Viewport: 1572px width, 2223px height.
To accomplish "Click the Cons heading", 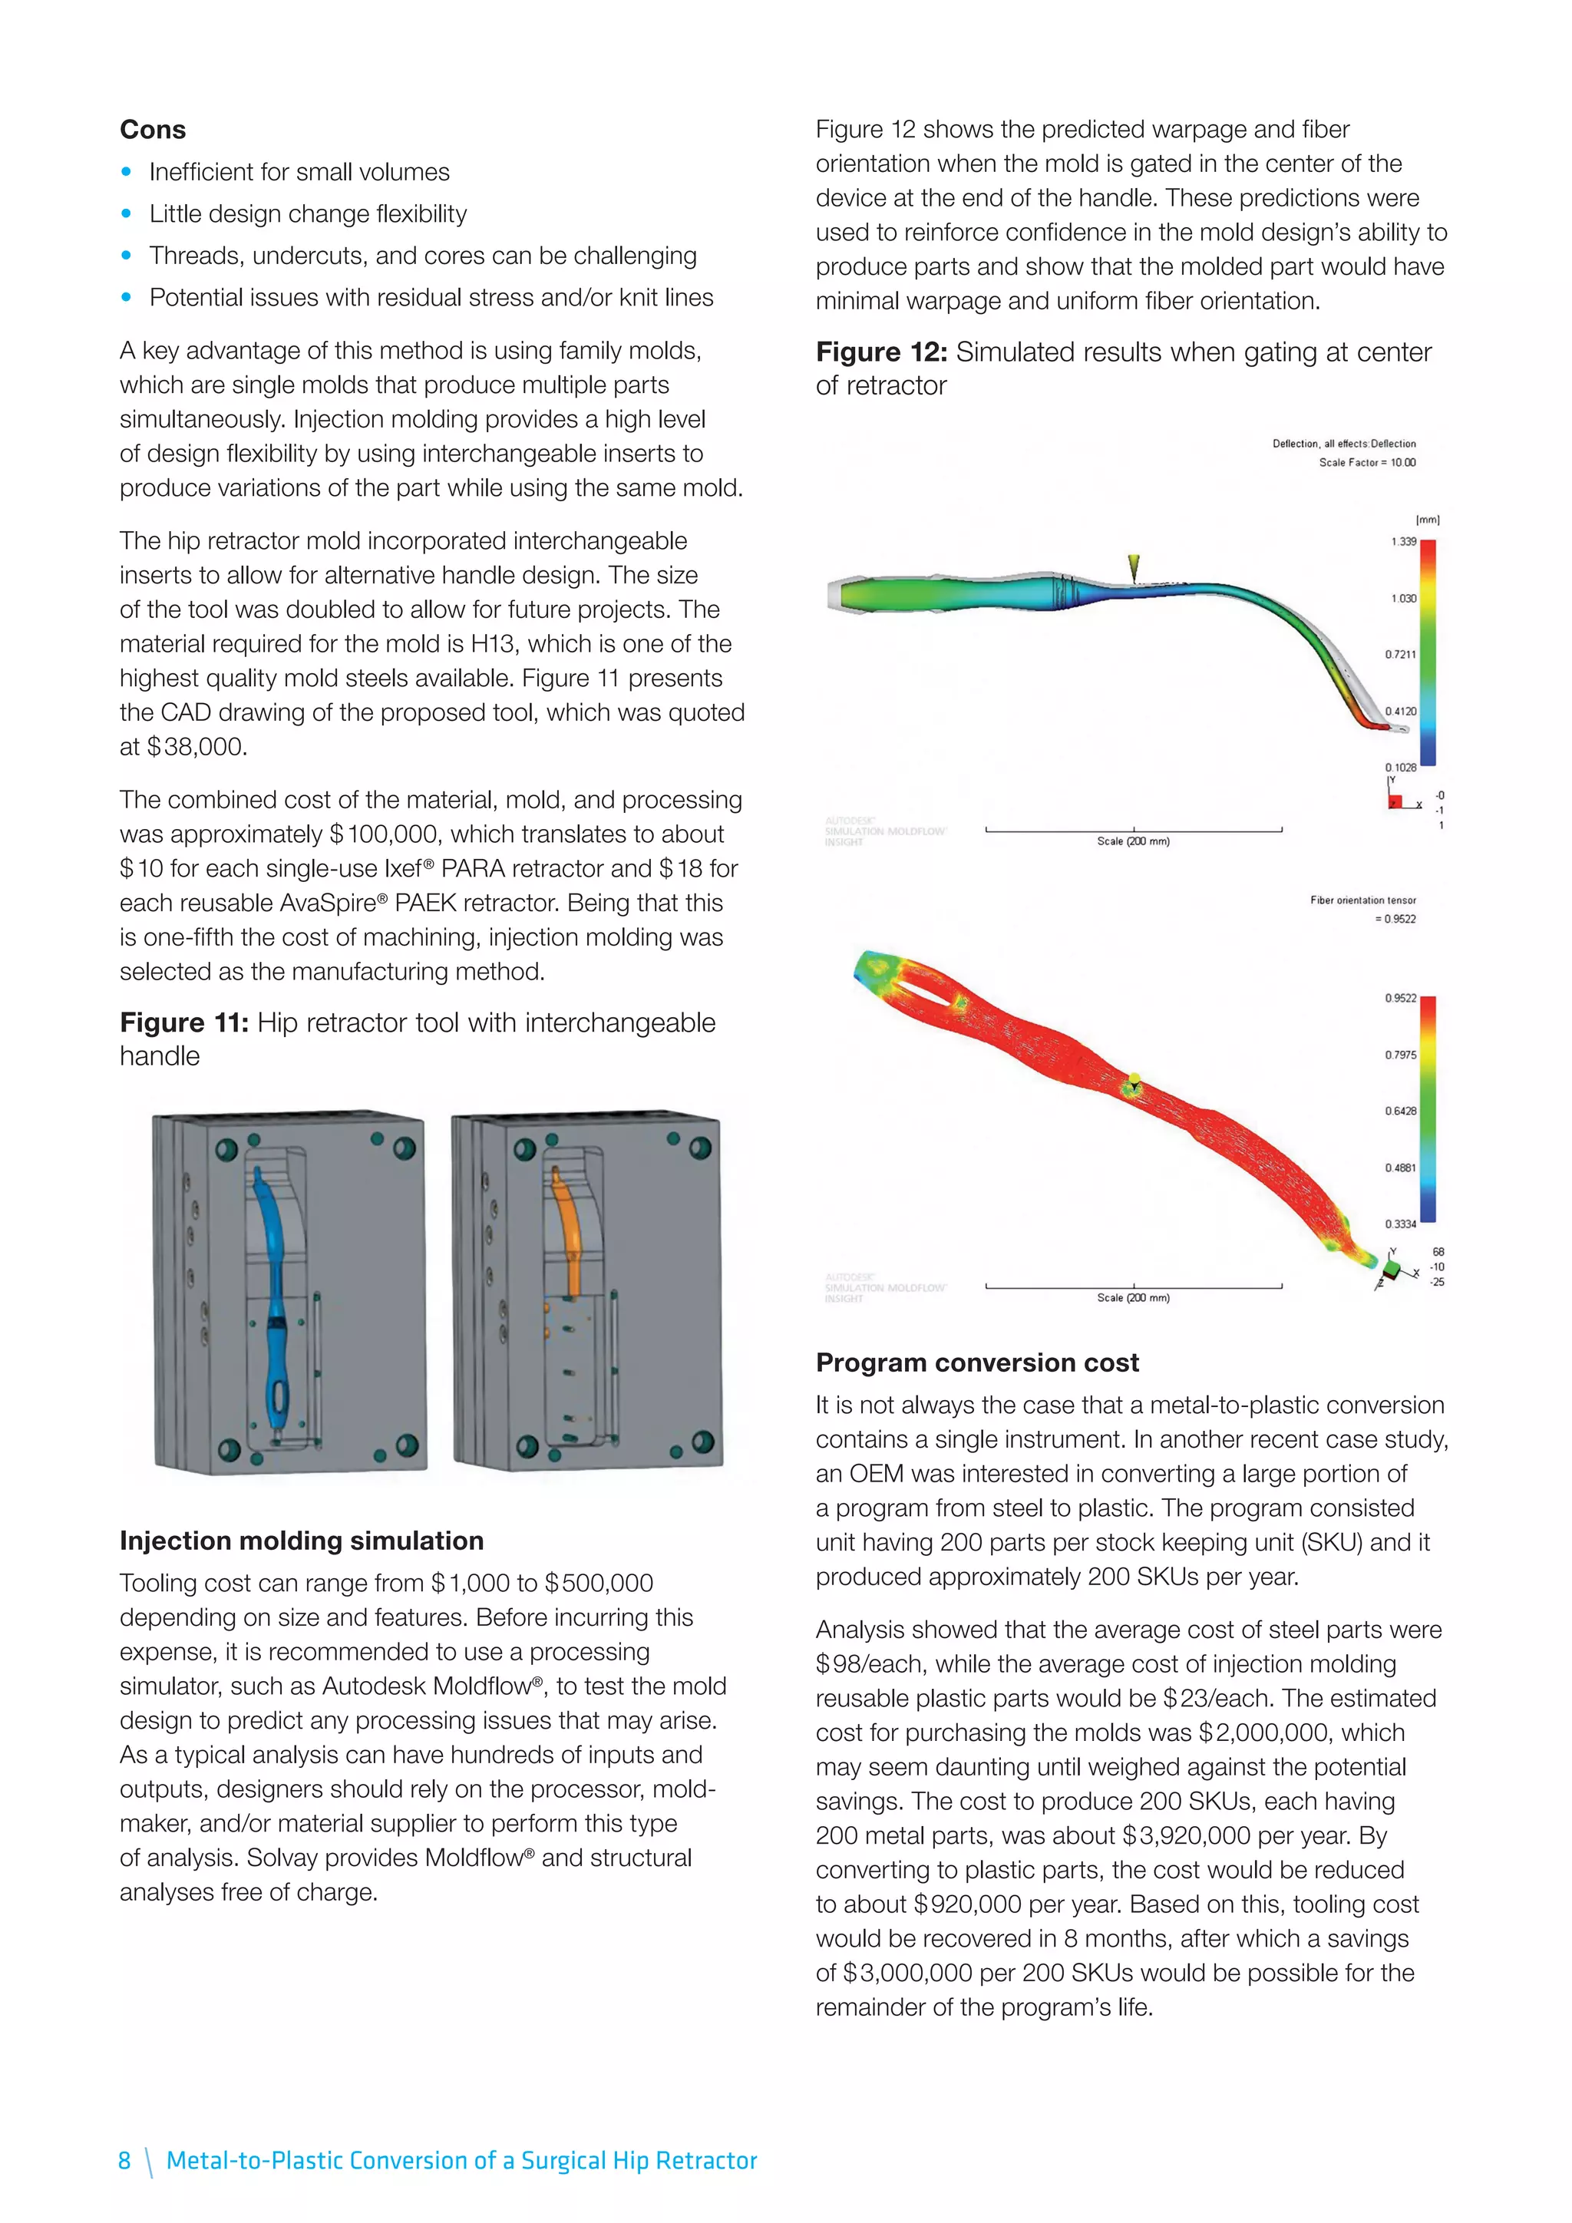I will (x=153, y=130).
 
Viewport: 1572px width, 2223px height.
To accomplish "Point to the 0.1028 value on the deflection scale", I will (x=1400, y=767).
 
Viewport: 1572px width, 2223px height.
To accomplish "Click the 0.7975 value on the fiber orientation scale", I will (x=1400, y=1055).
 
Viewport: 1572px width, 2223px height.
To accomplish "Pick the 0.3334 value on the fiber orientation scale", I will (x=1400, y=1224).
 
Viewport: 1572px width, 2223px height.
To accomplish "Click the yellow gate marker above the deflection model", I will (x=1134, y=567).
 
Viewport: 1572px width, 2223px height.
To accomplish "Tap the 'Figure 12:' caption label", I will (x=881, y=352).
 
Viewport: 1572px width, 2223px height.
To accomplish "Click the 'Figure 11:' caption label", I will (x=184, y=1022).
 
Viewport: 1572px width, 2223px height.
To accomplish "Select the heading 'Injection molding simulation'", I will (x=301, y=1541).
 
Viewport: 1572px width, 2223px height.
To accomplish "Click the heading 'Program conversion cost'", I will (x=976, y=1363).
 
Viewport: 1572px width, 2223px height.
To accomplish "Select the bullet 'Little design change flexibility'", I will (x=308, y=214).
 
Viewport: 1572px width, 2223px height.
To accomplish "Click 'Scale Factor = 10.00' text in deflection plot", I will (x=1367, y=462).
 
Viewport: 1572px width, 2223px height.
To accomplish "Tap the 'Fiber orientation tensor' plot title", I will (x=1362, y=900).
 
